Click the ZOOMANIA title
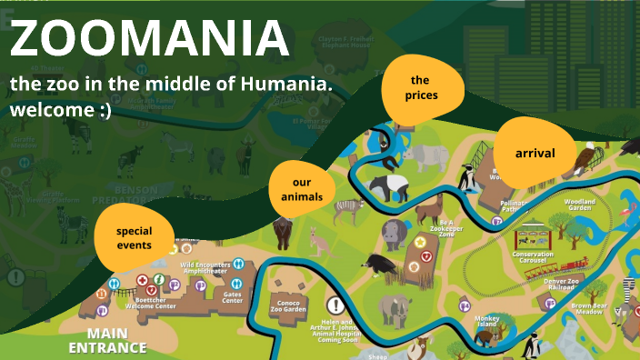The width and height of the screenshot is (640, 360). click(150, 39)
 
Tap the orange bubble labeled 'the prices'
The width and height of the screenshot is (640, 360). click(424, 87)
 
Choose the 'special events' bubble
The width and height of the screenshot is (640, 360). click(134, 237)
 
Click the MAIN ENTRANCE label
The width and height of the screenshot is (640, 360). click(107, 340)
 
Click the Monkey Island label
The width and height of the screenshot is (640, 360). click(486, 322)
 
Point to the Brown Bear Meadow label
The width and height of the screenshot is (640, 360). click(588, 309)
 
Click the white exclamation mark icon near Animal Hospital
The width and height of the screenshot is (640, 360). click(335, 305)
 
